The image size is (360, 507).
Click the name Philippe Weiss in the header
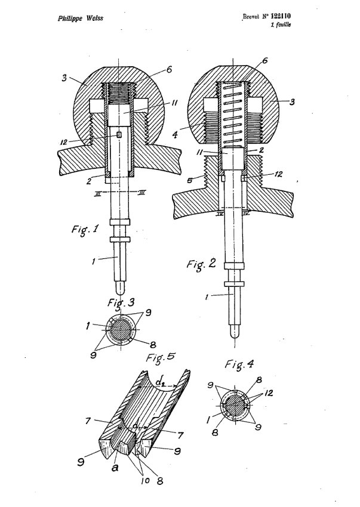pos(81,18)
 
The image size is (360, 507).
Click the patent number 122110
pos(281,16)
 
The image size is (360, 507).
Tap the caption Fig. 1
pos(85,230)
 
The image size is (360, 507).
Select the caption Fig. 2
pos(201,265)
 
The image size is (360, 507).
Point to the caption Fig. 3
pos(121,302)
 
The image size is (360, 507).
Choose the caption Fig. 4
pos(239,364)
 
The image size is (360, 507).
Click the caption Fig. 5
pos(161,357)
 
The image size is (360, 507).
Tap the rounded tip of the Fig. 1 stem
pos(120,287)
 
